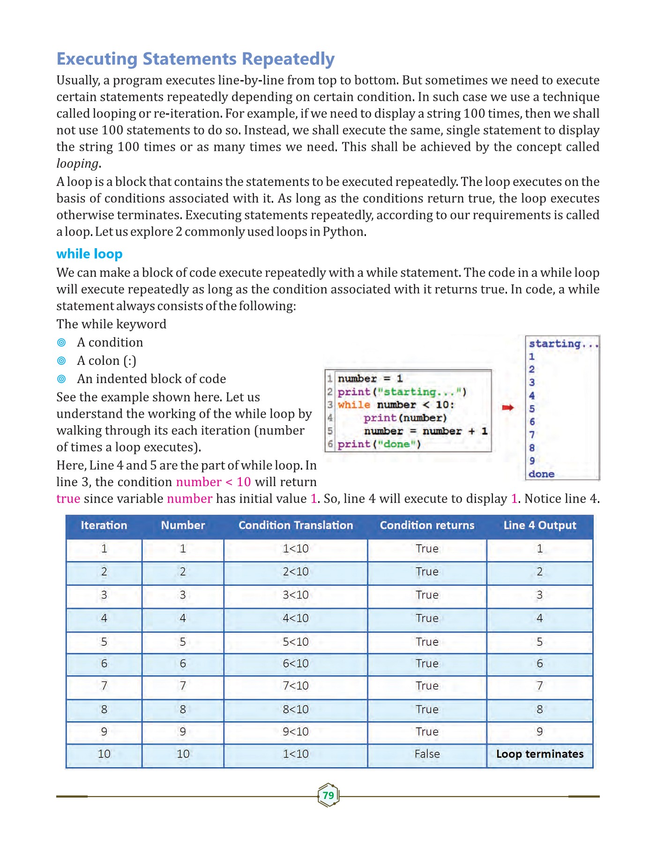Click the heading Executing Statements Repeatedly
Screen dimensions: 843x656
195,59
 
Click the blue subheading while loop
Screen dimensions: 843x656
89,254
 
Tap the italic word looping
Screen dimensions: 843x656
77,163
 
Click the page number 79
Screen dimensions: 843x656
328,795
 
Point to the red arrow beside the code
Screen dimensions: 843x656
507,408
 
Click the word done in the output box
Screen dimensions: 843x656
541,474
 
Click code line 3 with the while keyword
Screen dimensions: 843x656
396,405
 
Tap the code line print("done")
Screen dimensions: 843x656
379,444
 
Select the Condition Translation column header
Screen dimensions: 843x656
296,525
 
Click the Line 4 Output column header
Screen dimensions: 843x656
540,525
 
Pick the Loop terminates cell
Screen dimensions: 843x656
540,754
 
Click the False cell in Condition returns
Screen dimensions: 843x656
427,754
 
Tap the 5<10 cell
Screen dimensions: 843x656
296,642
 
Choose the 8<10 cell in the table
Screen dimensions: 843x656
296,709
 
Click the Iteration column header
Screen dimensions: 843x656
104,525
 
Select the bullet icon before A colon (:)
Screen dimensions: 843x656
61,361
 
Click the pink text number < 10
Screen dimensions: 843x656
213,482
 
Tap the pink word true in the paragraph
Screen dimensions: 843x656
68,499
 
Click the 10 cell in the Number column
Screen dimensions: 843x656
183,754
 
